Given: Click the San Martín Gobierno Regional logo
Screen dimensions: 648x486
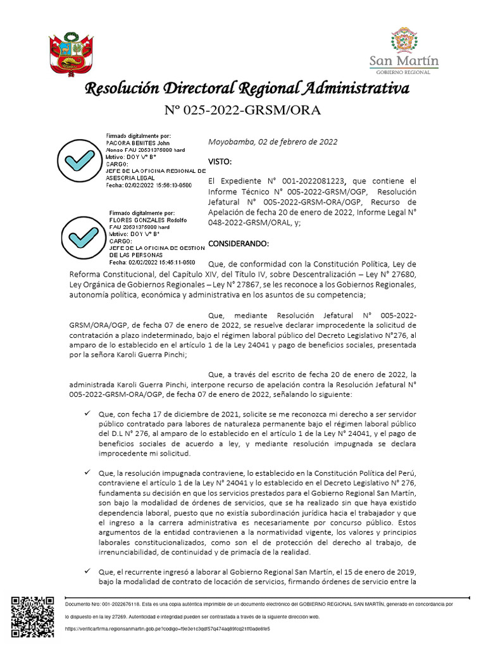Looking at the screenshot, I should pyautogui.click(x=404, y=51).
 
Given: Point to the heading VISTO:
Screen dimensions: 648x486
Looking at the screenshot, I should pyautogui.click(x=220, y=162).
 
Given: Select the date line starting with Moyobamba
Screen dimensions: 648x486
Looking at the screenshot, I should pyautogui.click(x=273, y=142).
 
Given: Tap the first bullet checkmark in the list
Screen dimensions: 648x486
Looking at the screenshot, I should pyautogui.click(x=87, y=413).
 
